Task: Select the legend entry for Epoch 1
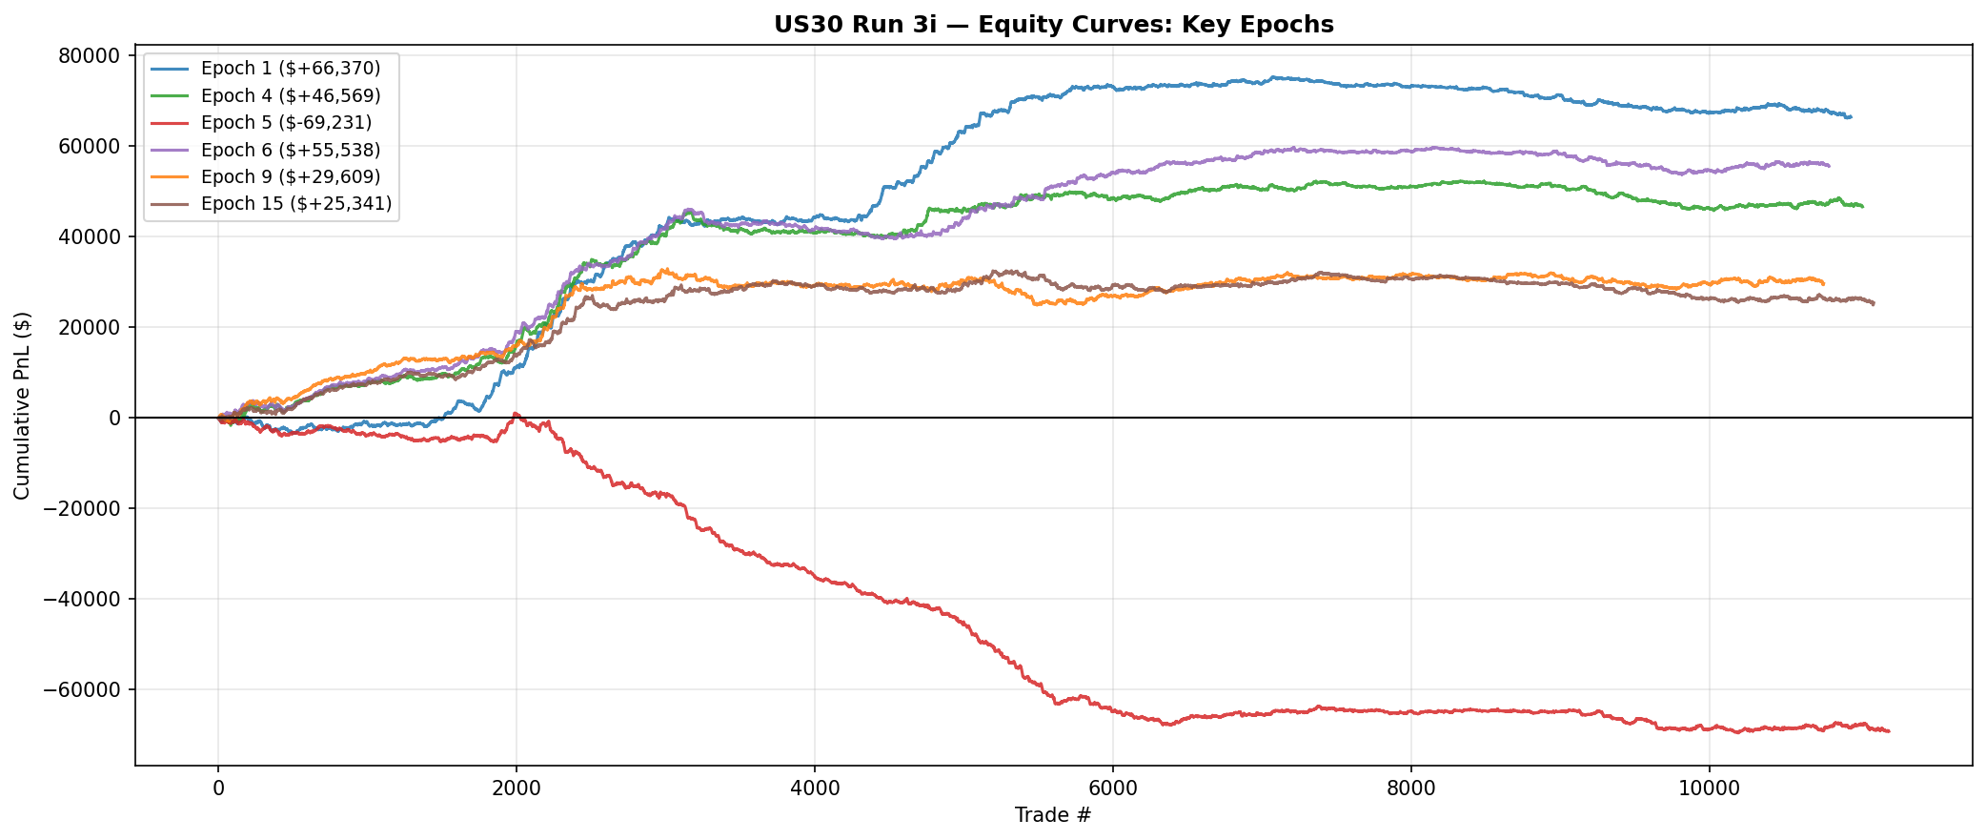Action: (x=290, y=68)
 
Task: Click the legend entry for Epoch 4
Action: (x=290, y=95)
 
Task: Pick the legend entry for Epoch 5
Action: (x=286, y=122)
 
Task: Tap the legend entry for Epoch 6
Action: (x=290, y=150)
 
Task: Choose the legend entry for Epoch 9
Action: (x=290, y=176)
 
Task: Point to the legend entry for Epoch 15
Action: (x=295, y=203)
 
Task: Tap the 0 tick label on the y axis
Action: (x=114, y=418)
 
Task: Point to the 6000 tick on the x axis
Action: (x=1112, y=789)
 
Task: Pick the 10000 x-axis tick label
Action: (x=1709, y=789)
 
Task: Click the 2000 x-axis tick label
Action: (x=516, y=789)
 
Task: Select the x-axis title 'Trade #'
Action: (x=1053, y=815)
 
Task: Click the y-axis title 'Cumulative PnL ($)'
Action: (x=22, y=405)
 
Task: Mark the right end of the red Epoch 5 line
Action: (x=1889, y=731)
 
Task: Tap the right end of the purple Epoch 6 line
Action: (x=1829, y=166)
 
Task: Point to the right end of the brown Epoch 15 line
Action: (x=1874, y=304)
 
